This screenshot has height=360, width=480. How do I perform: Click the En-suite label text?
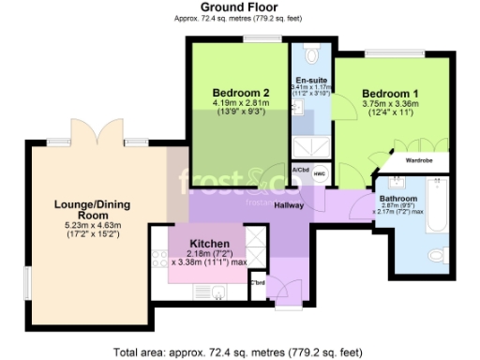pos(311,80)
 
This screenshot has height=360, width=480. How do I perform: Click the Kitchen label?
pos(204,242)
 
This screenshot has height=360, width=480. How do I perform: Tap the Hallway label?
pos(289,205)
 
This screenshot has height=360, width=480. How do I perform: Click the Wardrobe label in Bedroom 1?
pos(419,160)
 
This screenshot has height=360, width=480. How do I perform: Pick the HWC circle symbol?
pos(318,174)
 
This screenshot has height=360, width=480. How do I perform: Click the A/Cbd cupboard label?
pos(300,170)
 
